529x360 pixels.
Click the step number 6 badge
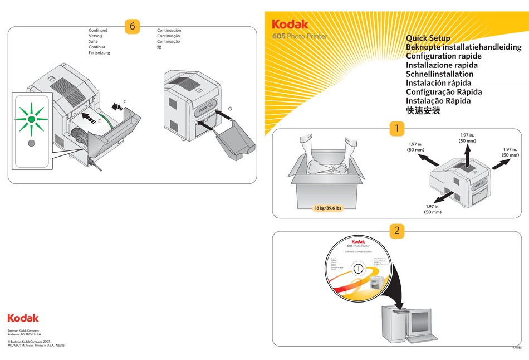[132, 26]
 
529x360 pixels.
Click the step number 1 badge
[396, 128]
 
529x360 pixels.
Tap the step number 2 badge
[396, 230]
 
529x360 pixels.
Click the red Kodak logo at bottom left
[23, 318]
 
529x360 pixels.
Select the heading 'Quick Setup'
[428, 38]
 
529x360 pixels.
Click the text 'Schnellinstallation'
[439, 74]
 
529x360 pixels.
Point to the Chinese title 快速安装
[423, 110]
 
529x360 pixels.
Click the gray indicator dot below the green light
[32, 143]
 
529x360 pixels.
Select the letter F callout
[124, 101]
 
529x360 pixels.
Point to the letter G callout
[230, 108]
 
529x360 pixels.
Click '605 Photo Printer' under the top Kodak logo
[300, 36]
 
